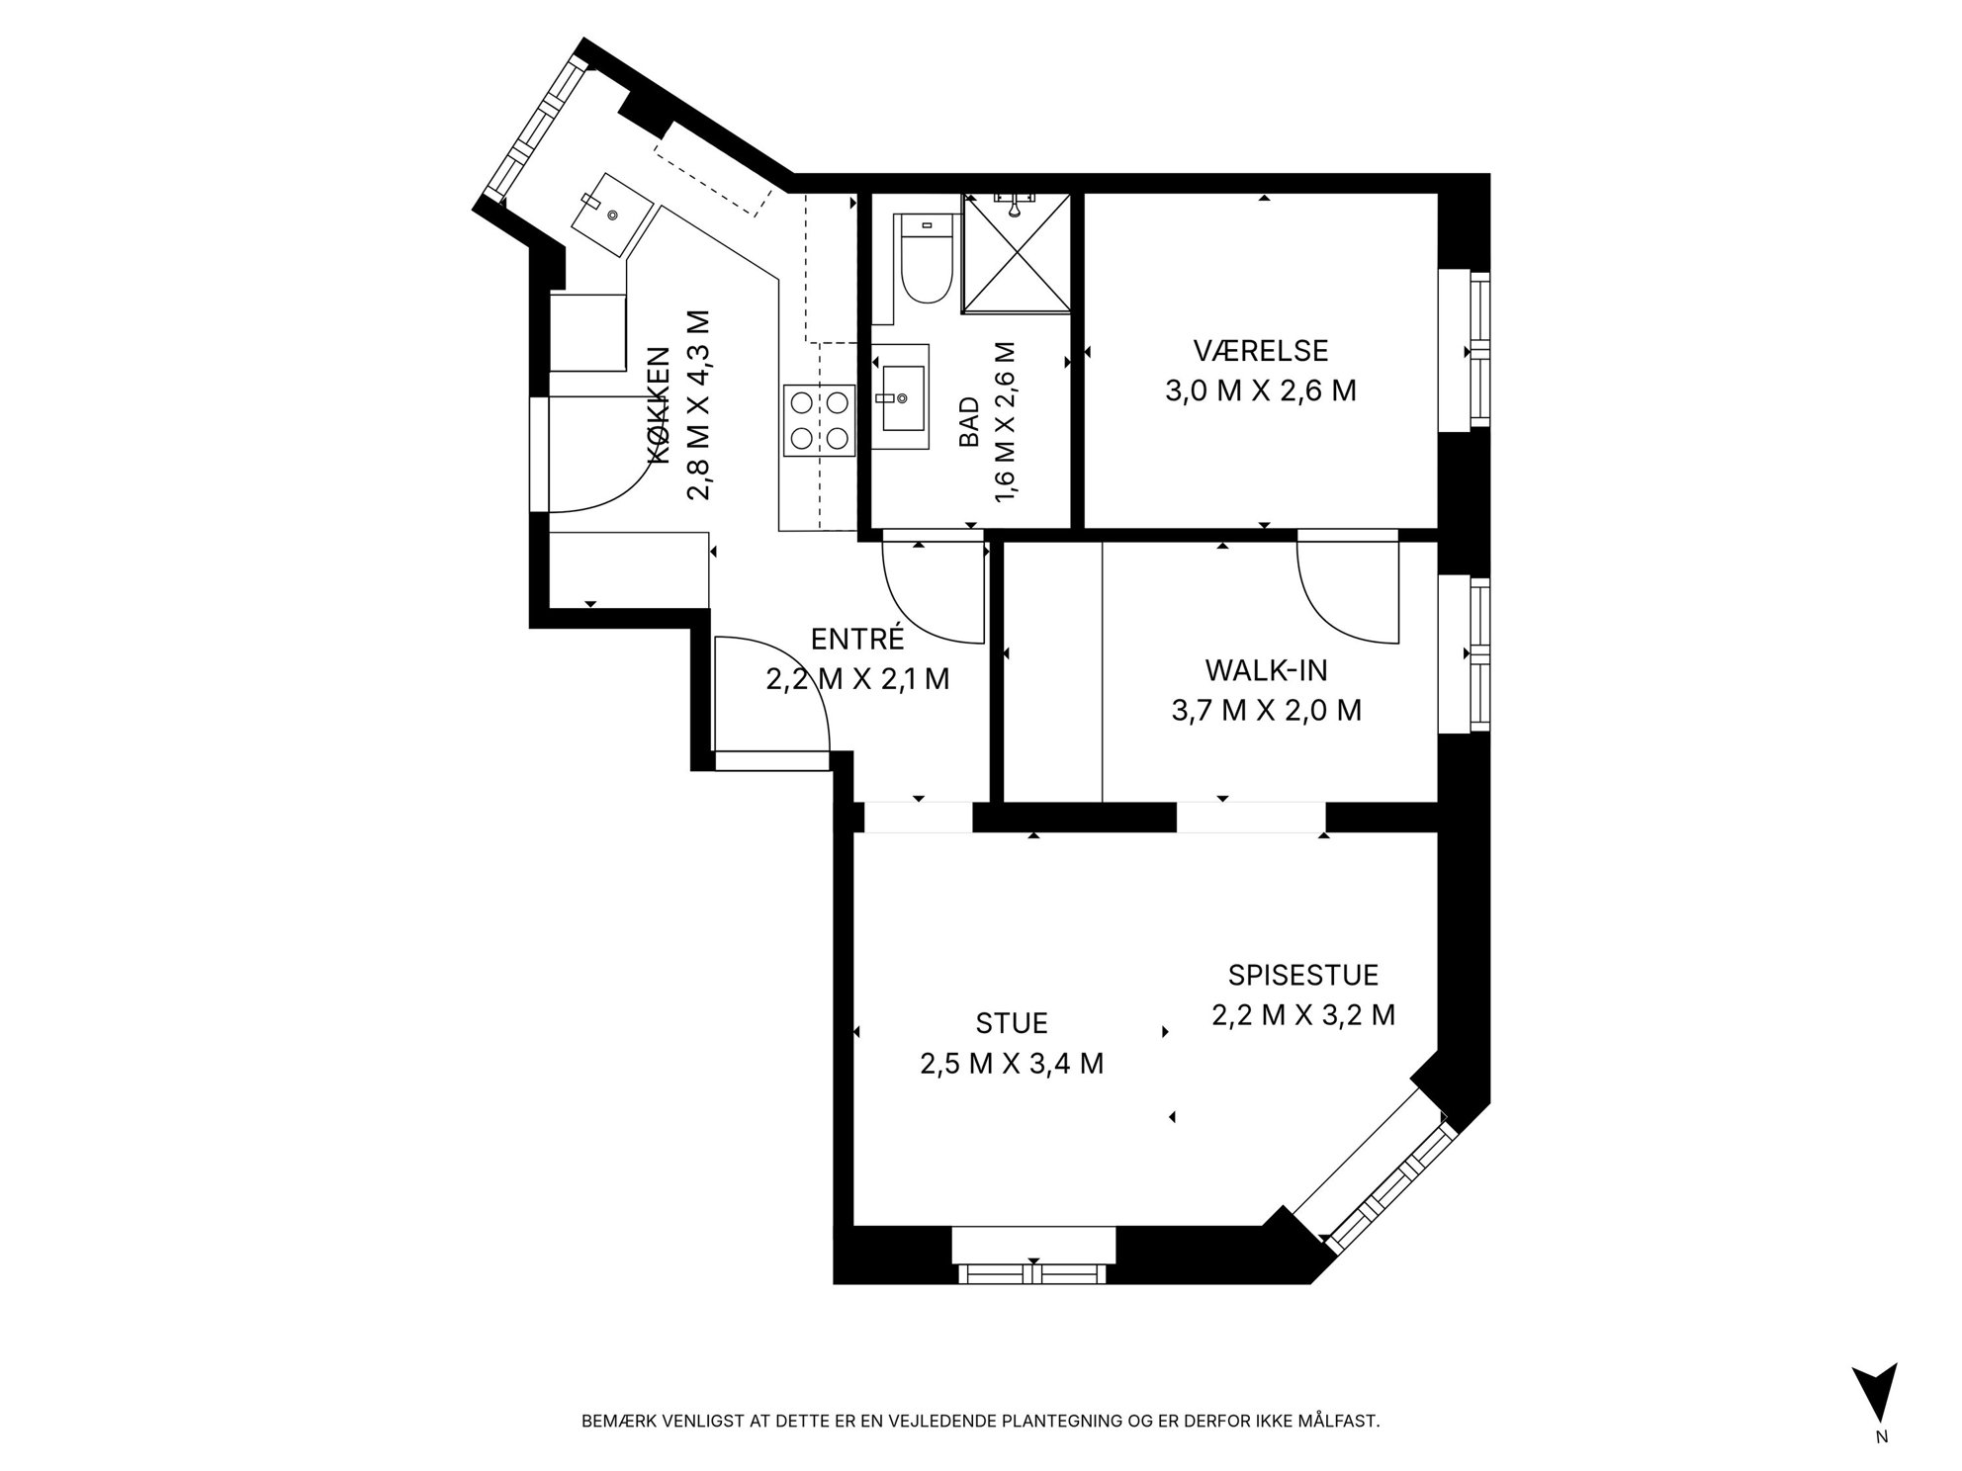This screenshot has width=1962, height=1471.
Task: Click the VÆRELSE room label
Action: (1260, 351)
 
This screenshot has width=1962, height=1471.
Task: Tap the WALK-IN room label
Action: (1266, 670)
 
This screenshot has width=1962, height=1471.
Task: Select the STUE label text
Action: (1012, 1022)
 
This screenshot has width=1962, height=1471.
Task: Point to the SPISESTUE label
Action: (1302, 975)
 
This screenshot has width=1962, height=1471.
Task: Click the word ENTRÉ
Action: (857, 639)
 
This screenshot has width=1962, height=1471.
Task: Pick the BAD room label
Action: (969, 422)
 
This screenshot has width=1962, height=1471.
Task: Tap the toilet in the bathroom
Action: (927, 260)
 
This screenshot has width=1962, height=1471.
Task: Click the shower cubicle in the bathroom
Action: (1016, 253)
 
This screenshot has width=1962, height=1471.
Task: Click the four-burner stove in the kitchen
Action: (820, 419)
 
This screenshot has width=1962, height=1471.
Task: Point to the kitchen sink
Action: (613, 213)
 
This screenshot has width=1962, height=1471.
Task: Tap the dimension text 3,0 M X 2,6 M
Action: (1260, 390)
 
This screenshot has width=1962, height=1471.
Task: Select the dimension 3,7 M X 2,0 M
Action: (1266, 710)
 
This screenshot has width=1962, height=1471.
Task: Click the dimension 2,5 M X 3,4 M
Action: (1012, 1063)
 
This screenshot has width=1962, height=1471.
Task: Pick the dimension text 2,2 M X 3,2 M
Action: (1302, 1014)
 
